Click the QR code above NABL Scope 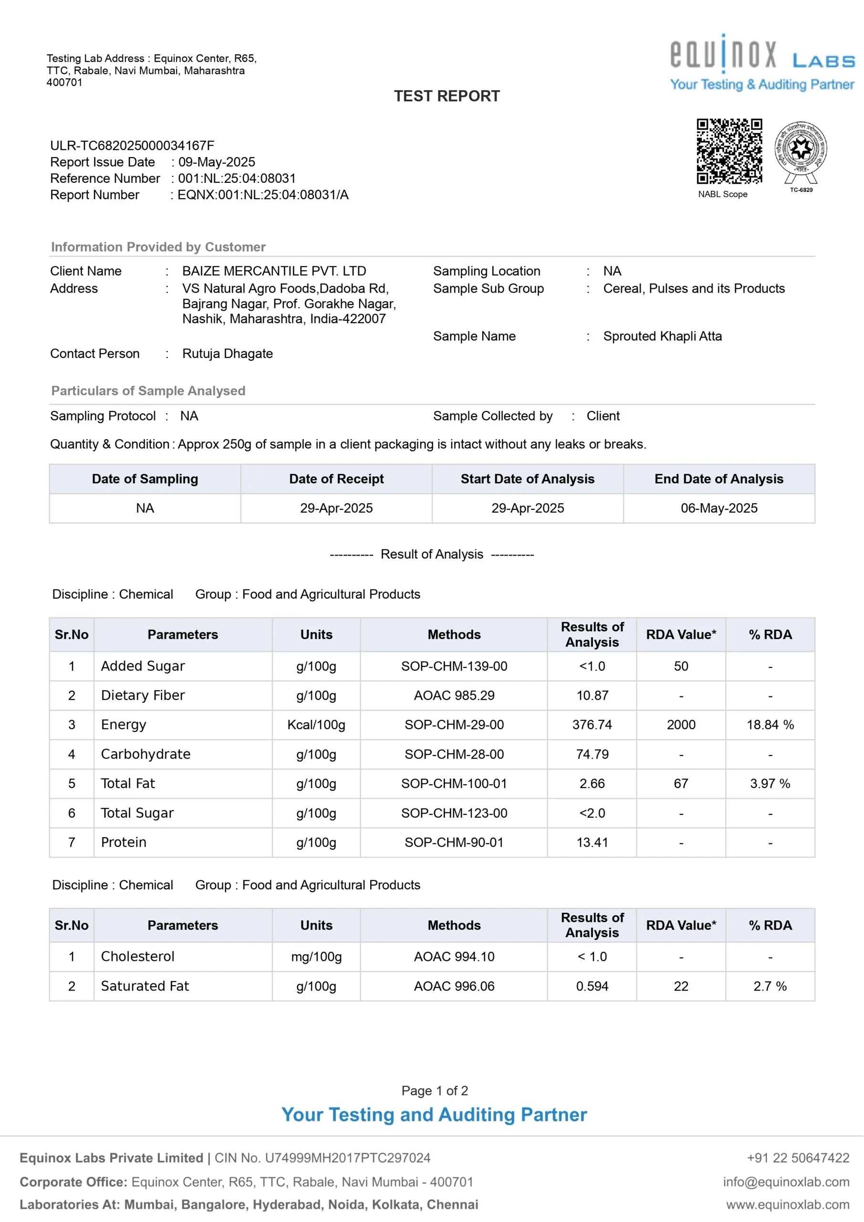pos(729,151)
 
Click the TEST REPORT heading pos(447,96)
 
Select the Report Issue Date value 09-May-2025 pos(217,162)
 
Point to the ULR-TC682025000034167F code pos(132,145)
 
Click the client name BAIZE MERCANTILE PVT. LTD pos(274,271)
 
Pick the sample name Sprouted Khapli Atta pos(662,337)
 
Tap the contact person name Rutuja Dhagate pos(227,353)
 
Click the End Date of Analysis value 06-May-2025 pos(719,508)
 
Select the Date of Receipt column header pos(336,479)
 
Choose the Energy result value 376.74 pos(592,725)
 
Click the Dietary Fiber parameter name pos(143,695)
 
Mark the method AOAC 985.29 pos(454,695)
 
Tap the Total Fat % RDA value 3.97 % pos(770,783)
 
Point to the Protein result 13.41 pos(592,843)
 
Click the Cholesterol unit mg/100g pos(316,957)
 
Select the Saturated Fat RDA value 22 pos(681,986)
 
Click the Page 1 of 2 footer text pos(435,1091)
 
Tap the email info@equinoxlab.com pos(786,1181)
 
